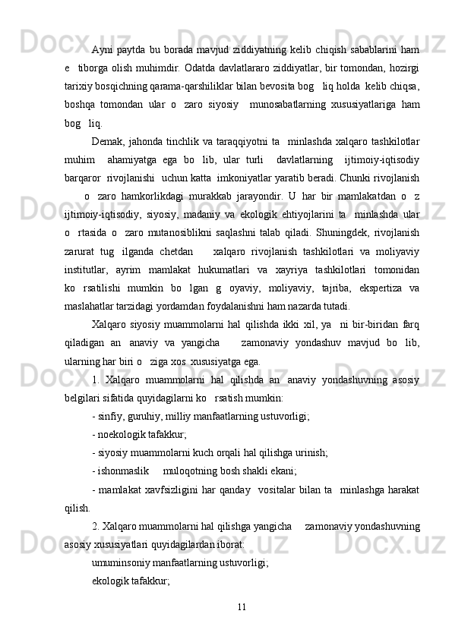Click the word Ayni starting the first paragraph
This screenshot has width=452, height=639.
point(102,30)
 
